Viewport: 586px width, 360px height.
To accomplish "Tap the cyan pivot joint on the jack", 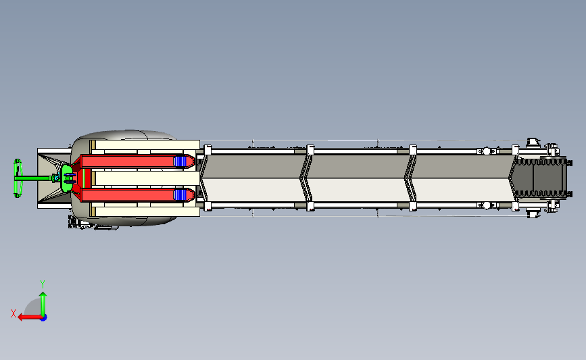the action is pyautogui.click(x=56, y=178).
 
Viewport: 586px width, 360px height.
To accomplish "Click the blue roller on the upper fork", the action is pyautogui.click(x=180, y=161).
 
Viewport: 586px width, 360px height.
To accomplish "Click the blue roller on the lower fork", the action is pyautogui.click(x=180, y=195).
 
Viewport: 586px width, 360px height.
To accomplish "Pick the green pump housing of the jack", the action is pyautogui.click(x=68, y=178).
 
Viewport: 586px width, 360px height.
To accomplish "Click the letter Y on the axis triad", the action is pyautogui.click(x=43, y=284).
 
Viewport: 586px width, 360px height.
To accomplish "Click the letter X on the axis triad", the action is pyautogui.click(x=14, y=313).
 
